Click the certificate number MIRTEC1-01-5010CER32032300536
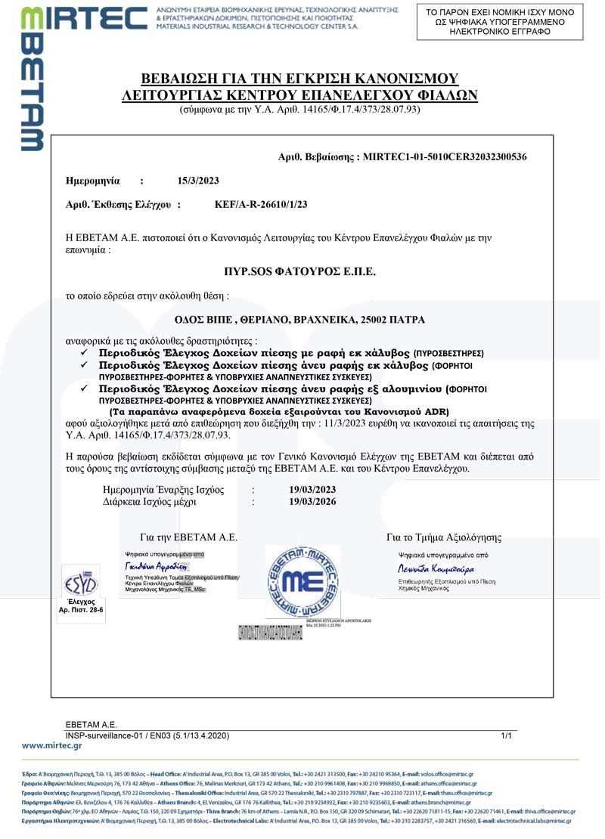(445, 157)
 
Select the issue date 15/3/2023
(198, 181)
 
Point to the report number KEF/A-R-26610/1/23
(261, 205)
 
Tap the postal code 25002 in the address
(370, 320)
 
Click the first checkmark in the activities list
(85, 353)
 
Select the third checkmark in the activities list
(85, 388)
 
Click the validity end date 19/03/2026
(312, 501)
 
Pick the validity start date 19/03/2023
(312, 490)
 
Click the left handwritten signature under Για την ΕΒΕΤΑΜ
(155, 565)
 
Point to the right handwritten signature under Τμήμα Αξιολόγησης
(436, 568)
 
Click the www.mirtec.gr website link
(52, 745)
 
